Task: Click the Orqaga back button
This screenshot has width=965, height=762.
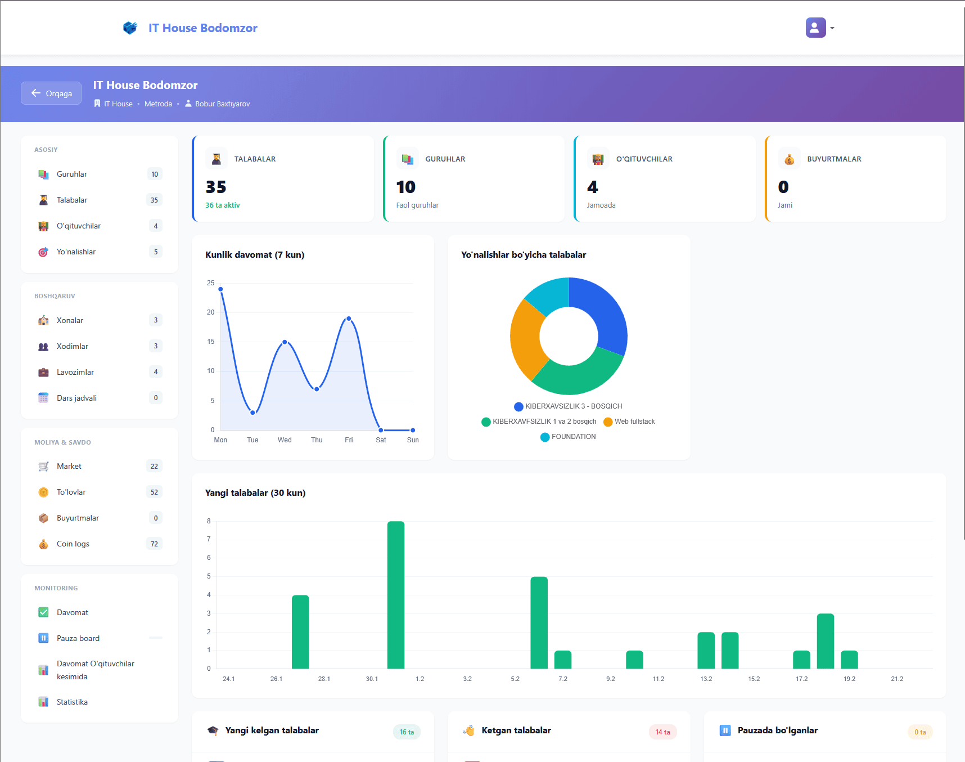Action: (x=51, y=93)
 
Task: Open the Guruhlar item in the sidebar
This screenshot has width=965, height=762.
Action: (x=72, y=174)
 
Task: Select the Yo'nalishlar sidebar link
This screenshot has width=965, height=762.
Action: (x=76, y=252)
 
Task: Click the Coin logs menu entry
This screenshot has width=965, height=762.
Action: (x=73, y=544)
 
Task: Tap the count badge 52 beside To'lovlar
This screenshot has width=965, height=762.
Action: (x=154, y=492)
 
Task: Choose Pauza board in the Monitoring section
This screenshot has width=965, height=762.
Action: (x=78, y=639)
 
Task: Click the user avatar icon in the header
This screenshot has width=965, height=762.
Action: (x=815, y=28)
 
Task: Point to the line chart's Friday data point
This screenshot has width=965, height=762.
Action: (x=349, y=319)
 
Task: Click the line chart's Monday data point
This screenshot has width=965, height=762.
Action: (x=221, y=289)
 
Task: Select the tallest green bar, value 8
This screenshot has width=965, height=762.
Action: (x=396, y=594)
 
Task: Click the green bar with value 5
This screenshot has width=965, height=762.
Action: (x=539, y=622)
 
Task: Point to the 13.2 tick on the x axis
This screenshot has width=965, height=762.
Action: (x=706, y=679)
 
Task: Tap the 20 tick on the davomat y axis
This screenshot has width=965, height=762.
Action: (x=211, y=312)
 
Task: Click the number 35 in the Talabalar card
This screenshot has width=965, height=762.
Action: (x=216, y=187)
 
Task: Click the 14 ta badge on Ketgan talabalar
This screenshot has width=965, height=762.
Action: (x=662, y=732)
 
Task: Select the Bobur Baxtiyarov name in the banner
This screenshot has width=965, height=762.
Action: (x=222, y=104)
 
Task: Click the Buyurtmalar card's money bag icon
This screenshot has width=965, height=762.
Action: (x=789, y=159)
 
